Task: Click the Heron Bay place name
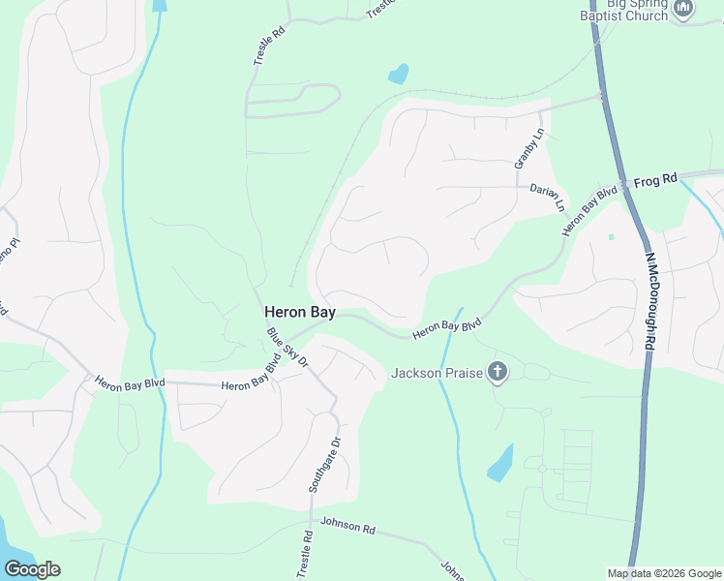pos(300,313)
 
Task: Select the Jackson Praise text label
pos(436,373)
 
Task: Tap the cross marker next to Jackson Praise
pos(498,372)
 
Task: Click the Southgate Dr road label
pos(325,466)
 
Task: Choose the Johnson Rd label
pos(347,528)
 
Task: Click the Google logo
pos(32,569)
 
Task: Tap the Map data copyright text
pos(664,573)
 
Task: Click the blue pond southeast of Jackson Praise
pos(500,464)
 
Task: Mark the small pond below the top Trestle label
pos(397,74)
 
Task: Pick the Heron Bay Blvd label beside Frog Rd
pos(589,210)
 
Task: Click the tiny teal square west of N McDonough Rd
pos(611,236)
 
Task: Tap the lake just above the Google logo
pos(10,543)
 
